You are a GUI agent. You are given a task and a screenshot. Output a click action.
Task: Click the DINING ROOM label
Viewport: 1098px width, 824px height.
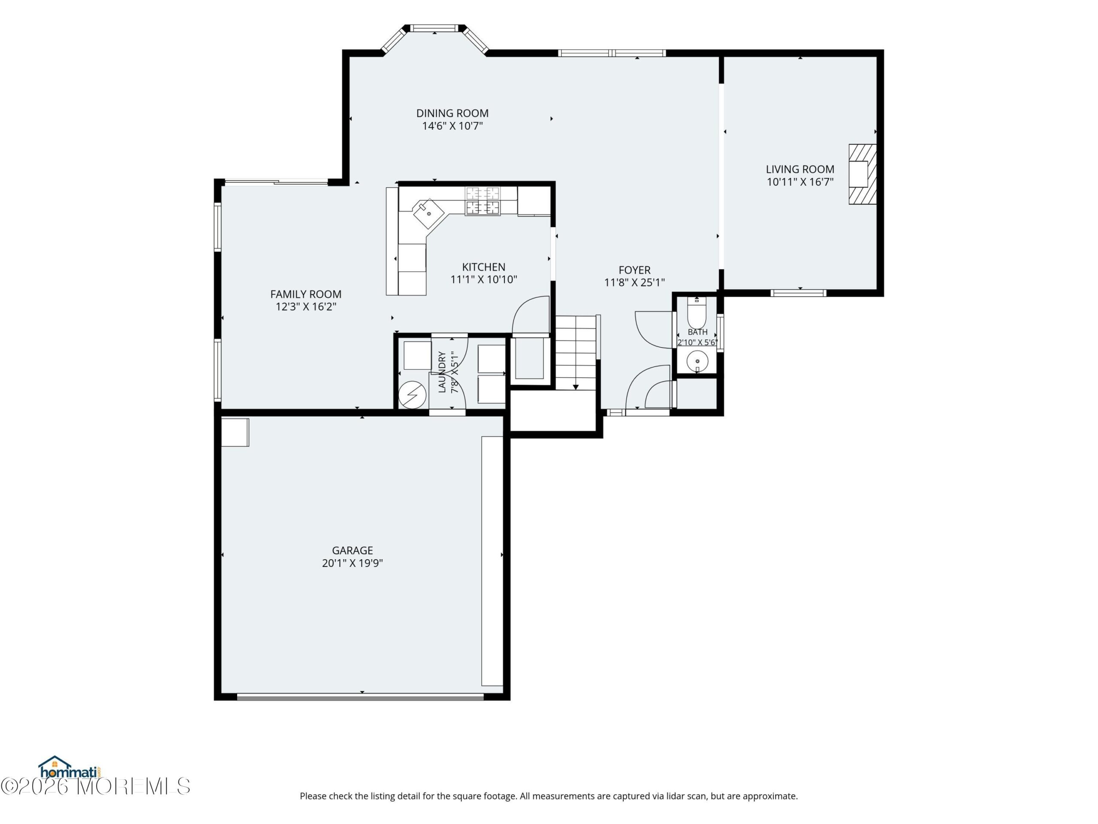coord(452,113)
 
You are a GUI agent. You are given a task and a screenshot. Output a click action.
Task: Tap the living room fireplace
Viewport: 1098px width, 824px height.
coord(862,174)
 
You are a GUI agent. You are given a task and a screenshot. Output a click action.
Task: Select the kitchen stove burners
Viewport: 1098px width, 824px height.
coord(483,201)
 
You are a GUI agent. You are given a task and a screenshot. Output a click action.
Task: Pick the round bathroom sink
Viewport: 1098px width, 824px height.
coord(697,361)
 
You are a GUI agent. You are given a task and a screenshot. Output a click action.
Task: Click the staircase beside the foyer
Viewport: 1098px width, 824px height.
coord(575,353)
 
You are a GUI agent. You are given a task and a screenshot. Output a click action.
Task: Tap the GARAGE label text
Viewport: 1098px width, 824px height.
coord(353,550)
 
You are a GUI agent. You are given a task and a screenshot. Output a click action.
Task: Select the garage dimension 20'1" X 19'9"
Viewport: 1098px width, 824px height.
coord(353,563)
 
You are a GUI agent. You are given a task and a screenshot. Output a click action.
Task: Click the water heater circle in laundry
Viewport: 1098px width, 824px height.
coord(412,395)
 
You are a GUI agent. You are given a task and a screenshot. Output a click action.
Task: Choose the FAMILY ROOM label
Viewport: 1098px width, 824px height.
coord(306,294)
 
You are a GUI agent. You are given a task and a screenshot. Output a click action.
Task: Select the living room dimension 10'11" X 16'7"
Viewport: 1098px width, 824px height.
coord(800,182)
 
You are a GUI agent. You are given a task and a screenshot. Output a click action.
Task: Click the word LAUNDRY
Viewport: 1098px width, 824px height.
coord(442,372)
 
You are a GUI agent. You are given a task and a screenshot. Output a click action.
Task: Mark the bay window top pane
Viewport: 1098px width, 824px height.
coord(435,28)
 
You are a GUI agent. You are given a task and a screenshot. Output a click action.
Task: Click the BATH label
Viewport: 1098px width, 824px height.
coord(697,332)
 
